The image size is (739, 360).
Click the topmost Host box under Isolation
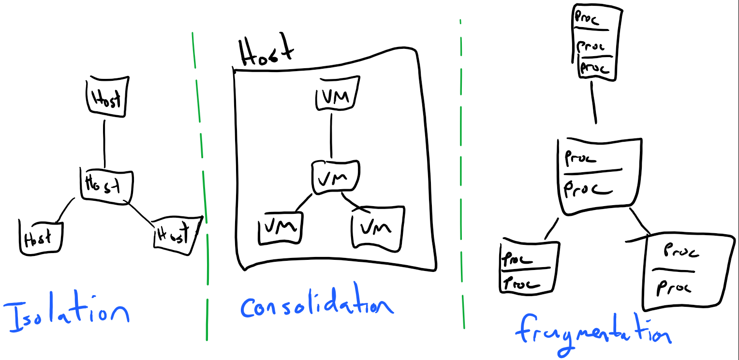tap(104, 97)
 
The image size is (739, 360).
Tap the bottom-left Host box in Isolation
tap(41, 237)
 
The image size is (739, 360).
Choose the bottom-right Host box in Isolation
tap(176, 236)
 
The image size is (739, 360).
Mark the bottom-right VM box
tap(377, 226)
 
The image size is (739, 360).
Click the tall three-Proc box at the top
tap(595, 43)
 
